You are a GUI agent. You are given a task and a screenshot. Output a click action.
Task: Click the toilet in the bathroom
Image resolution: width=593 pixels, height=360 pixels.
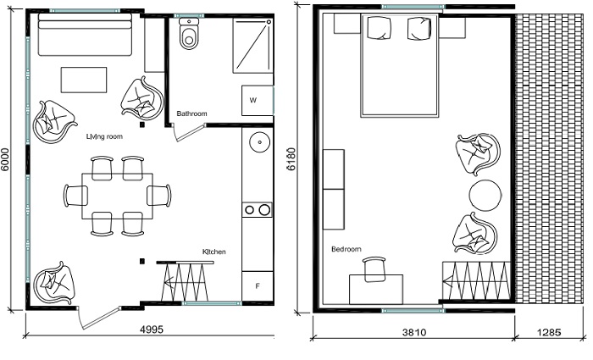(x=189, y=33)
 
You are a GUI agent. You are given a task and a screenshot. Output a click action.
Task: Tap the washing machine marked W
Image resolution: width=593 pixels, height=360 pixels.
(x=258, y=101)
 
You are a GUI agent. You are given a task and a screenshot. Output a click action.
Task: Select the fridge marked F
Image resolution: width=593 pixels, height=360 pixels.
(x=258, y=286)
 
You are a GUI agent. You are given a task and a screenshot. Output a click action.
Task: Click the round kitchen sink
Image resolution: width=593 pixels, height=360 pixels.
(x=260, y=142)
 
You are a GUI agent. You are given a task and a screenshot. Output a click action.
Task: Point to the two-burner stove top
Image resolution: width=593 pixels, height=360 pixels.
(x=258, y=209)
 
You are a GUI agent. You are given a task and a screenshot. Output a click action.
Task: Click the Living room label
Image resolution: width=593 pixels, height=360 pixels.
(x=104, y=136)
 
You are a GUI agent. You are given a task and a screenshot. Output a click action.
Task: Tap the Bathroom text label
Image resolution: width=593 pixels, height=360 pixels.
(x=191, y=114)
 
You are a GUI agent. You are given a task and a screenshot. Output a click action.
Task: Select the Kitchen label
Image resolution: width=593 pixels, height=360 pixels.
(x=214, y=252)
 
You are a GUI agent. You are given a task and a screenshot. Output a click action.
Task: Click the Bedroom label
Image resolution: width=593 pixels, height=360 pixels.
(x=346, y=249)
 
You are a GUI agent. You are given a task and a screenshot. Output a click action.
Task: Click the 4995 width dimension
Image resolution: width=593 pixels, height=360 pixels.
(x=152, y=330)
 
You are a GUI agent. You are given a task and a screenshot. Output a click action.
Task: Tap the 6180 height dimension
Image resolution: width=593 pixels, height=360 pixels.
(x=291, y=159)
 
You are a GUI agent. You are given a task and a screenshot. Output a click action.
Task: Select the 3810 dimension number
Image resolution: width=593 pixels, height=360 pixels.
(x=413, y=332)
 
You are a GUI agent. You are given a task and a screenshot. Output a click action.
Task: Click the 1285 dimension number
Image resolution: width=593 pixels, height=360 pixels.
(x=549, y=332)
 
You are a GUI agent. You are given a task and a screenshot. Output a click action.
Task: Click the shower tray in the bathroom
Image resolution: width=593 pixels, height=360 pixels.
(x=252, y=46)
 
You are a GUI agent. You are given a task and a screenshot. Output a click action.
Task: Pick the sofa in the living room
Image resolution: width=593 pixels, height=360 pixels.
(x=85, y=35)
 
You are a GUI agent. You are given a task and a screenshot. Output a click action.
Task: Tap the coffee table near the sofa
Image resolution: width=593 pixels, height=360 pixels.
(x=84, y=80)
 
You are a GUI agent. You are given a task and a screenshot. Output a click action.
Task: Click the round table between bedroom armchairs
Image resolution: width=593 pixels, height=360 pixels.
(x=485, y=196)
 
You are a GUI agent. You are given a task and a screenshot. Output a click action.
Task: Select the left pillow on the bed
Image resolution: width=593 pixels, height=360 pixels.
(x=380, y=28)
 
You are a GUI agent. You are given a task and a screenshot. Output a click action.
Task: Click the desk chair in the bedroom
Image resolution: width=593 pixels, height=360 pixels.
(x=374, y=269)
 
